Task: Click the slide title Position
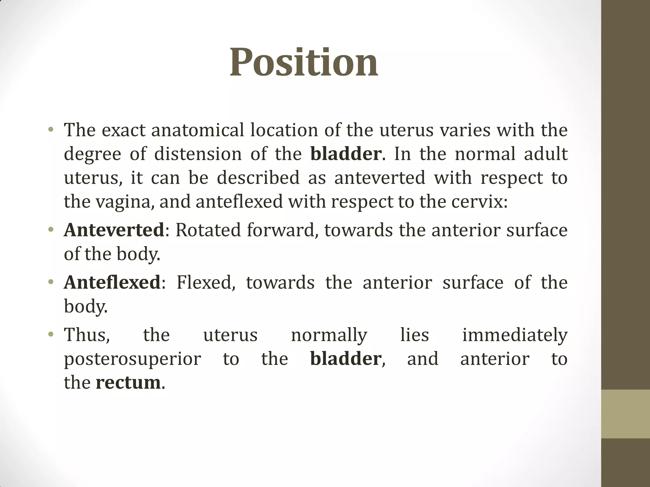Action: point(304,62)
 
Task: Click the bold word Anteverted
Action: point(114,230)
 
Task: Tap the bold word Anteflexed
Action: point(112,282)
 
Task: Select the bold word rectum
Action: point(128,382)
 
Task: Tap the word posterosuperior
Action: point(132,359)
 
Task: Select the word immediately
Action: point(514,335)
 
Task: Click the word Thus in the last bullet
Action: point(87,335)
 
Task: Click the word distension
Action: point(198,154)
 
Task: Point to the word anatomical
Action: point(198,130)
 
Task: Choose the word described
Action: point(258,178)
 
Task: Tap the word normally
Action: point(329,335)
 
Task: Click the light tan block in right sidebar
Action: point(625,414)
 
